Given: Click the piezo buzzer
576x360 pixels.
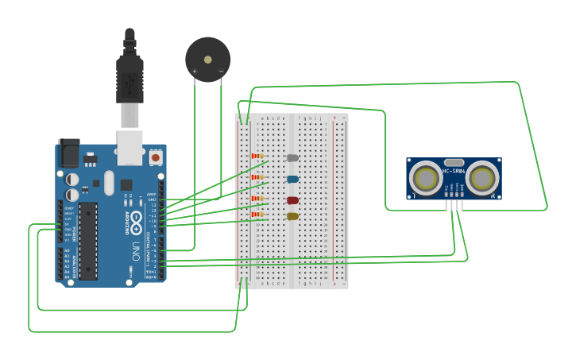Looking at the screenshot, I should click(x=208, y=60).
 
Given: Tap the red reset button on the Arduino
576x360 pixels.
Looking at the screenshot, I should click(x=155, y=158).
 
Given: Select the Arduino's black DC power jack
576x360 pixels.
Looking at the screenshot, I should click(x=69, y=153).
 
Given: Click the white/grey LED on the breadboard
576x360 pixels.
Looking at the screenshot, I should click(x=292, y=158).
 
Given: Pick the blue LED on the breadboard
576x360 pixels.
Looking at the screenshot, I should click(x=292, y=179).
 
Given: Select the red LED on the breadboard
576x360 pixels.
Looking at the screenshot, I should click(x=292, y=200).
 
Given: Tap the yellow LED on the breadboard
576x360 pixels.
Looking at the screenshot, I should click(x=292, y=216).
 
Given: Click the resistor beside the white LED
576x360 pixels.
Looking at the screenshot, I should click(x=257, y=156).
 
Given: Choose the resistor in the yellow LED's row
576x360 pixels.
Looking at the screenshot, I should click(x=257, y=215).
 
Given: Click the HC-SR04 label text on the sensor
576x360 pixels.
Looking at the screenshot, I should click(x=454, y=171).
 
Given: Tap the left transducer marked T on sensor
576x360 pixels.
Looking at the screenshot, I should click(x=426, y=178).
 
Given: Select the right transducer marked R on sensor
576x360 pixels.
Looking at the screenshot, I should click(x=482, y=178).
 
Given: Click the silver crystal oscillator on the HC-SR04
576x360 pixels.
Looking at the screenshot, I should click(x=454, y=162).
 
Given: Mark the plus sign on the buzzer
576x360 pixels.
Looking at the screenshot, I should click(x=195, y=72).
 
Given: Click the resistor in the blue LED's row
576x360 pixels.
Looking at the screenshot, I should click(x=257, y=177).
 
